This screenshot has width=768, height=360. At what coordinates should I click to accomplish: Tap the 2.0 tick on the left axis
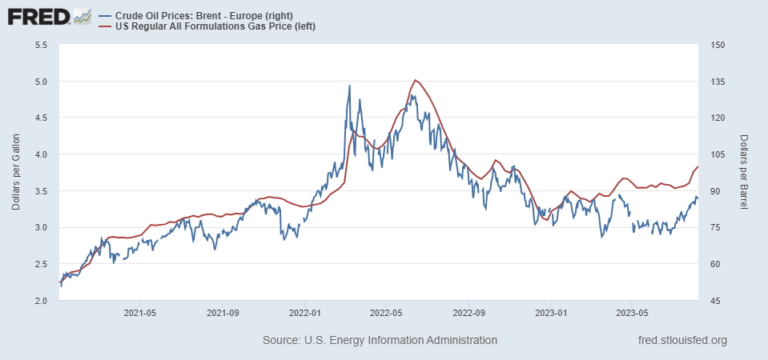coord(41,300)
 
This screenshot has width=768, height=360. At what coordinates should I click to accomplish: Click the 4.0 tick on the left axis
coord(41,155)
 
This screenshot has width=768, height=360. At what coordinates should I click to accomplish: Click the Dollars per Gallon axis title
coord(16,173)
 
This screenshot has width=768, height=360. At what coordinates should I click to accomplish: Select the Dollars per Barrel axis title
coord(745,173)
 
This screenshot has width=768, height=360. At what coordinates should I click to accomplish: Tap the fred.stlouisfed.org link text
coord(684,340)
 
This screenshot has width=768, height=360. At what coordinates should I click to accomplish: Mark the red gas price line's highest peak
coord(415,80)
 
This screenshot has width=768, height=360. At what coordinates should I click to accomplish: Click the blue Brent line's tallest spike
coord(349,86)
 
